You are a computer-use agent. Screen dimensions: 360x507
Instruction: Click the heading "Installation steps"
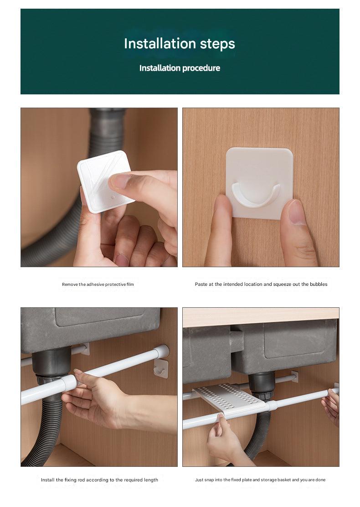click(180, 44)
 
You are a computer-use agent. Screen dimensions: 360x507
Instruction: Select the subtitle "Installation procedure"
click(180, 68)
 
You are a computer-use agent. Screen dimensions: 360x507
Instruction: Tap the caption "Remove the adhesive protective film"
click(98, 285)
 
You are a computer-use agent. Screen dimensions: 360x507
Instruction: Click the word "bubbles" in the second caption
click(319, 284)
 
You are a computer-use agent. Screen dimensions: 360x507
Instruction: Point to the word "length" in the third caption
click(151, 480)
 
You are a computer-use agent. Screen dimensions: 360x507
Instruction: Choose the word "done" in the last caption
click(320, 480)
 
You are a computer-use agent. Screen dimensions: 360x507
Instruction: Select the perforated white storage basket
click(230, 399)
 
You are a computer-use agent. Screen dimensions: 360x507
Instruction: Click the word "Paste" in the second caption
click(201, 284)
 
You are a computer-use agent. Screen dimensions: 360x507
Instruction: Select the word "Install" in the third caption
click(48, 480)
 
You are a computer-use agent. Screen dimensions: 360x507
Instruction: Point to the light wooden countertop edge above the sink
click(261, 317)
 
